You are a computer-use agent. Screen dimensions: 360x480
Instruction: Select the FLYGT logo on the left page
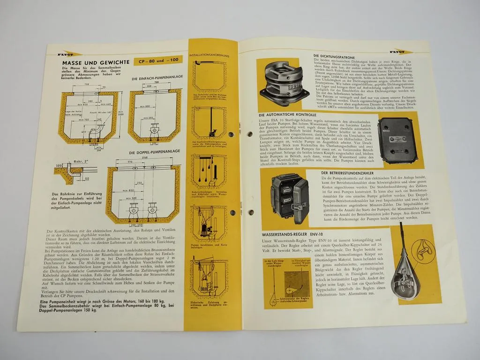click(x=69, y=54)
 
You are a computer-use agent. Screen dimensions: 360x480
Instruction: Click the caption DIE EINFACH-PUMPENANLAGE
click(x=157, y=77)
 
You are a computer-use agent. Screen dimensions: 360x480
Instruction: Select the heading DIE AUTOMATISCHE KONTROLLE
click(x=287, y=115)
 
